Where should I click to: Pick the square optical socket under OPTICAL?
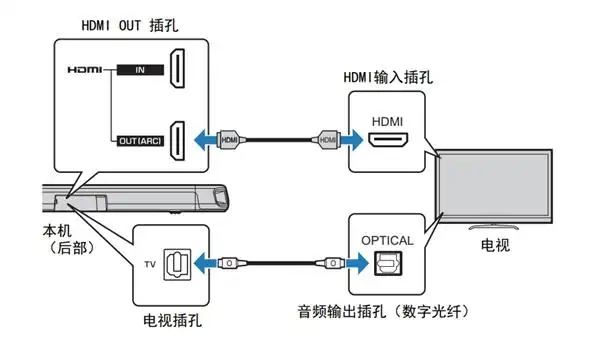(x=384, y=265)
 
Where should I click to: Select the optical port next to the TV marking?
(x=179, y=264)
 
